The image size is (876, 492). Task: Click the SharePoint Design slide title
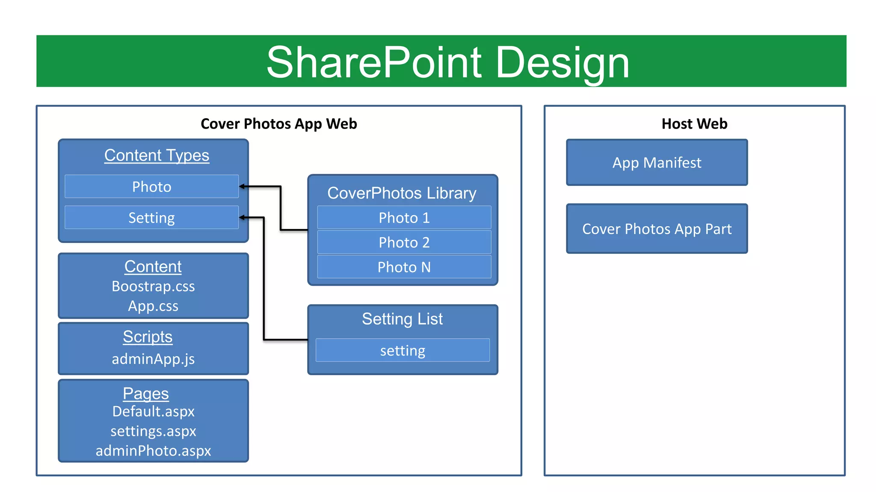point(447,62)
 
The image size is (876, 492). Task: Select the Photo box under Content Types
point(151,187)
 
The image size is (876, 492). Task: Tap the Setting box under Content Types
point(151,218)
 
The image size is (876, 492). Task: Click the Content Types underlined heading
point(157,155)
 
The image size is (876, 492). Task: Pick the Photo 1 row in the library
point(404,218)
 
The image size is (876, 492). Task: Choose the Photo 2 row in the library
point(404,243)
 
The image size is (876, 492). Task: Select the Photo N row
point(404,267)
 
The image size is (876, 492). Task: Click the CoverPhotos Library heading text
point(402,193)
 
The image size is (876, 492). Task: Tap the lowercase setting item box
point(402,351)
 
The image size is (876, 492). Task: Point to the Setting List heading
point(402,319)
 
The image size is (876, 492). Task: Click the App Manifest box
point(657,163)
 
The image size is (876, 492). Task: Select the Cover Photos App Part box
point(657,229)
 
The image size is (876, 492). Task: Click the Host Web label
point(694,124)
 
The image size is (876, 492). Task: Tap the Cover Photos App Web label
point(278,124)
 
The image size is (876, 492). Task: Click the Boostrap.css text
point(153,286)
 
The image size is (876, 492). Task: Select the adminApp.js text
point(153,359)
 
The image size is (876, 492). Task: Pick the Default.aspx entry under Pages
point(153,411)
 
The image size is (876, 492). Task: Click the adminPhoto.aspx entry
point(153,451)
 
